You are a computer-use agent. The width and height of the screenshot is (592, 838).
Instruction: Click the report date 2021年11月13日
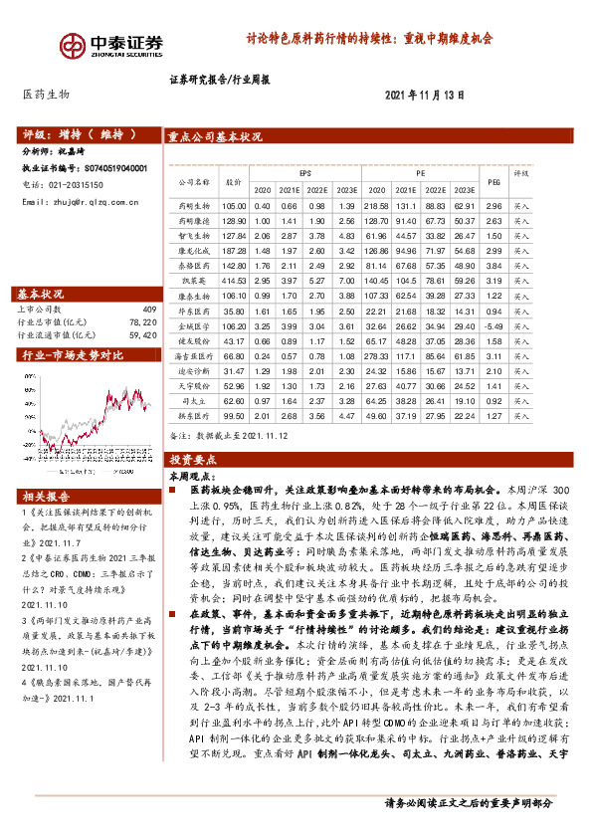click(x=425, y=94)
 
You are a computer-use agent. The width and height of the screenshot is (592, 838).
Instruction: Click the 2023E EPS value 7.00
click(x=347, y=282)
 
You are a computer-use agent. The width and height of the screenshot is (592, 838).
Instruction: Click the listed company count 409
click(x=150, y=310)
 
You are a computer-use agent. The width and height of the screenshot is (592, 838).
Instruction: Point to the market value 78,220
click(x=142, y=322)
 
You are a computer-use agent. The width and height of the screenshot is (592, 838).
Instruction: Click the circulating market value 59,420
click(x=142, y=335)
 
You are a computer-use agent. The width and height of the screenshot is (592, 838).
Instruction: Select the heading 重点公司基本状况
click(x=216, y=137)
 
